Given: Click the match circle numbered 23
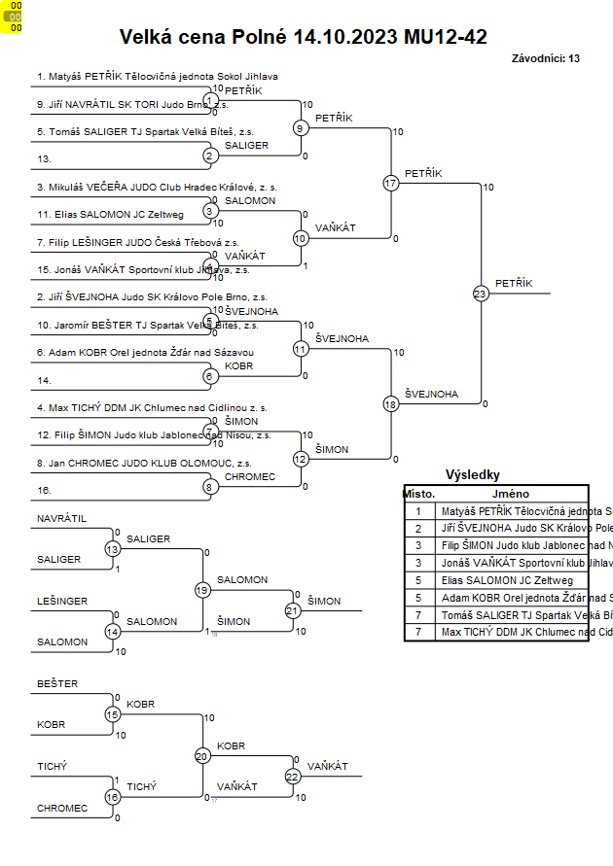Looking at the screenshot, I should [481, 293].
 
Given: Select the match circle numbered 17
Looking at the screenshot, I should [391, 183].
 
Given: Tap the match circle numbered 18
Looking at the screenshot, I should [391, 403].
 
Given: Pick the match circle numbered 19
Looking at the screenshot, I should [202, 590].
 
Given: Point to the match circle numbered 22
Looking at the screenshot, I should [293, 776].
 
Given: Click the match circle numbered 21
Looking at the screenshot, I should [293, 610].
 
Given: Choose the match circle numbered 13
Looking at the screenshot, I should [112, 549].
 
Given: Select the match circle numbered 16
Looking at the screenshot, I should [112, 797].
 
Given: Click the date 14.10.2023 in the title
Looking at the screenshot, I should [344, 38].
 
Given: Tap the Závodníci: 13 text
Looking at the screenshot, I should [545, 58].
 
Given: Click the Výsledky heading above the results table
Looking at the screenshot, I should [472, 475].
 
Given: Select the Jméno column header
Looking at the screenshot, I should [510, 493].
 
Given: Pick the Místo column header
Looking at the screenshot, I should [418, 493].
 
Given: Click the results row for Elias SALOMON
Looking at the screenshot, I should [497, 580].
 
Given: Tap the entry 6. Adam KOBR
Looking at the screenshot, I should [145, 352].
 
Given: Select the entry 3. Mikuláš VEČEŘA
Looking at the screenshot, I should [157, 187].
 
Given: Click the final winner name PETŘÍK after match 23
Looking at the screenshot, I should [514, 283].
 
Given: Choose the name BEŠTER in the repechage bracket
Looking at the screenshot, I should [57, 684].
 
